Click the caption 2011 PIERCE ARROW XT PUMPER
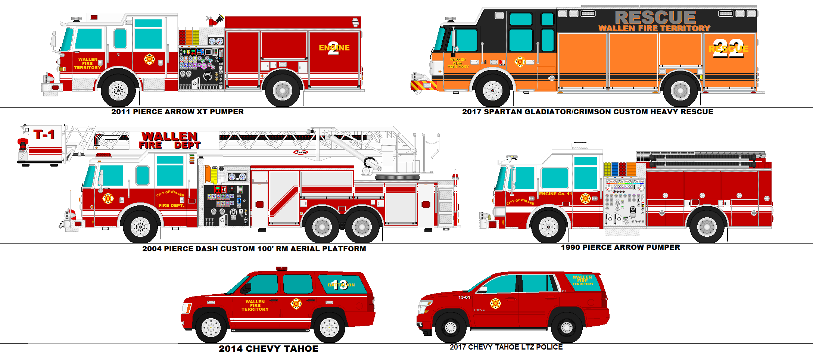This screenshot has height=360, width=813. pyautogui.click(x=177, y=112)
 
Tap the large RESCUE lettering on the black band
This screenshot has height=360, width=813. pyautogui.click(x=655, y=17)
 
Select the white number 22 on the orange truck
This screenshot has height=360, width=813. pyautogui.click(x=728, y=49)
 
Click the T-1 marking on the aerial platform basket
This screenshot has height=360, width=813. pyautogui.click(x=44, y=134)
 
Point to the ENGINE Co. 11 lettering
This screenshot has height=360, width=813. pyautogui.click(x=555, y=194)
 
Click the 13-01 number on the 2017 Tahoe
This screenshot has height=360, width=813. pyautogui.click(x=464, y=297)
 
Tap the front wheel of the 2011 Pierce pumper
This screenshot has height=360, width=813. pyautogui.click(x=118, y=90)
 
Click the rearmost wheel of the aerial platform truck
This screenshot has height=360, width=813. pyautogui.click(x=362, y=227)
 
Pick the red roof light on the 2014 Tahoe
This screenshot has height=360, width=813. pyautogui.click(x=281, y=269)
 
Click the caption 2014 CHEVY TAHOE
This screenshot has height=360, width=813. pyautogui.click(x=268, y=349)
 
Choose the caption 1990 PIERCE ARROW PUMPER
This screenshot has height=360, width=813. pyautogui.click(x=620, y=247)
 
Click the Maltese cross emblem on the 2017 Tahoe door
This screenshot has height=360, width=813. pyautogui.click(x=495, y=303)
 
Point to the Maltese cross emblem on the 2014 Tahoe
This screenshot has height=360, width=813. pyautogui.click(x=296, y=304)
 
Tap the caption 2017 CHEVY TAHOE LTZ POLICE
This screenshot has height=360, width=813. pyautogui.click(x=506, y=347)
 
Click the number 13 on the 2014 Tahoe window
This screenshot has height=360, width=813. pyautogui.click(x=339, y=285)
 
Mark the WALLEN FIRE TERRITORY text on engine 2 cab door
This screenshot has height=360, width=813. pyautogui.click(x=87, y=63)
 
